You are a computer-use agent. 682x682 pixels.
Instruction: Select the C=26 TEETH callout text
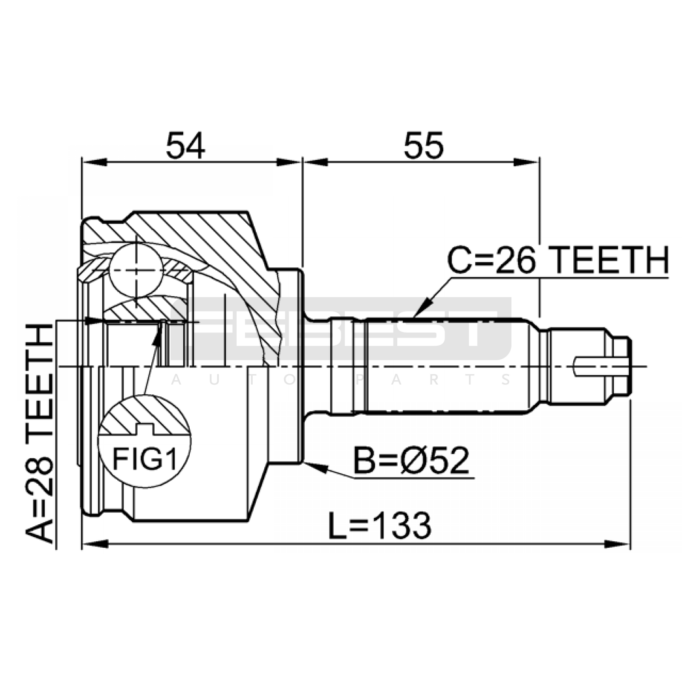pos(558,260)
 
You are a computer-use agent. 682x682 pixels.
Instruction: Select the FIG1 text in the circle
pos(144,459)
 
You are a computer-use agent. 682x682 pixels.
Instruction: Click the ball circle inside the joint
pos(136,270)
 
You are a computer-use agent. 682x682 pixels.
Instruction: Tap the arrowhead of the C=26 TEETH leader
pos(421,309)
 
